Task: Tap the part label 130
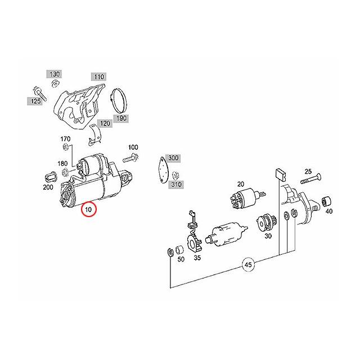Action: point(55,74)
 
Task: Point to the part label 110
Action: point(99,76)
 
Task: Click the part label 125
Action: point(35,101)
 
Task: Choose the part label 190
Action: point(121,118)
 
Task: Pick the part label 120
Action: point(105,123)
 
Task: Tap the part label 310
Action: point(177,183)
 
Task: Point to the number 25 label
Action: point(308,171)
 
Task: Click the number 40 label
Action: point(328,211)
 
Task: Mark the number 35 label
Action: point(197,258)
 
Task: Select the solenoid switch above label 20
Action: point(242,199)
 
